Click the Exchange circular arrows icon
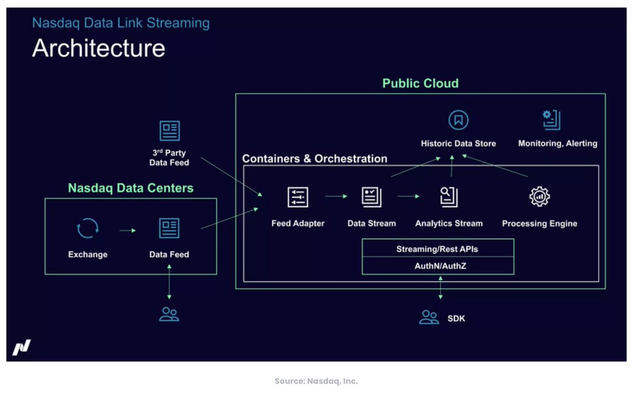(87, 229)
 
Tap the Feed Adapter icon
(298, 197)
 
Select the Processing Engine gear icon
(539, 197)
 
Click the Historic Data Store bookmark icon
(458, 120)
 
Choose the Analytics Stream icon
(449, 197)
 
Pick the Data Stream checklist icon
(371, 197)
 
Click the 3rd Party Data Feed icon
(169, 131)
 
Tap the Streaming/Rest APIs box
(437, 248)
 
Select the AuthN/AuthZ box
(437, 265)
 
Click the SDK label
(456, 318)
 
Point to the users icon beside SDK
(429, 317)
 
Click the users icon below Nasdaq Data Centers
(169, 314)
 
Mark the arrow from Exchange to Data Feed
(127, 230)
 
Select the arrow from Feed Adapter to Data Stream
(336, 196)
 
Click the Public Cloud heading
(420, 83)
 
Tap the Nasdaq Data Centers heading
(131, 188)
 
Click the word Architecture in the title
(99, 48)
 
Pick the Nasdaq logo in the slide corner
(22, 347)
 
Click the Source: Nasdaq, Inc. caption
(316, 381)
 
